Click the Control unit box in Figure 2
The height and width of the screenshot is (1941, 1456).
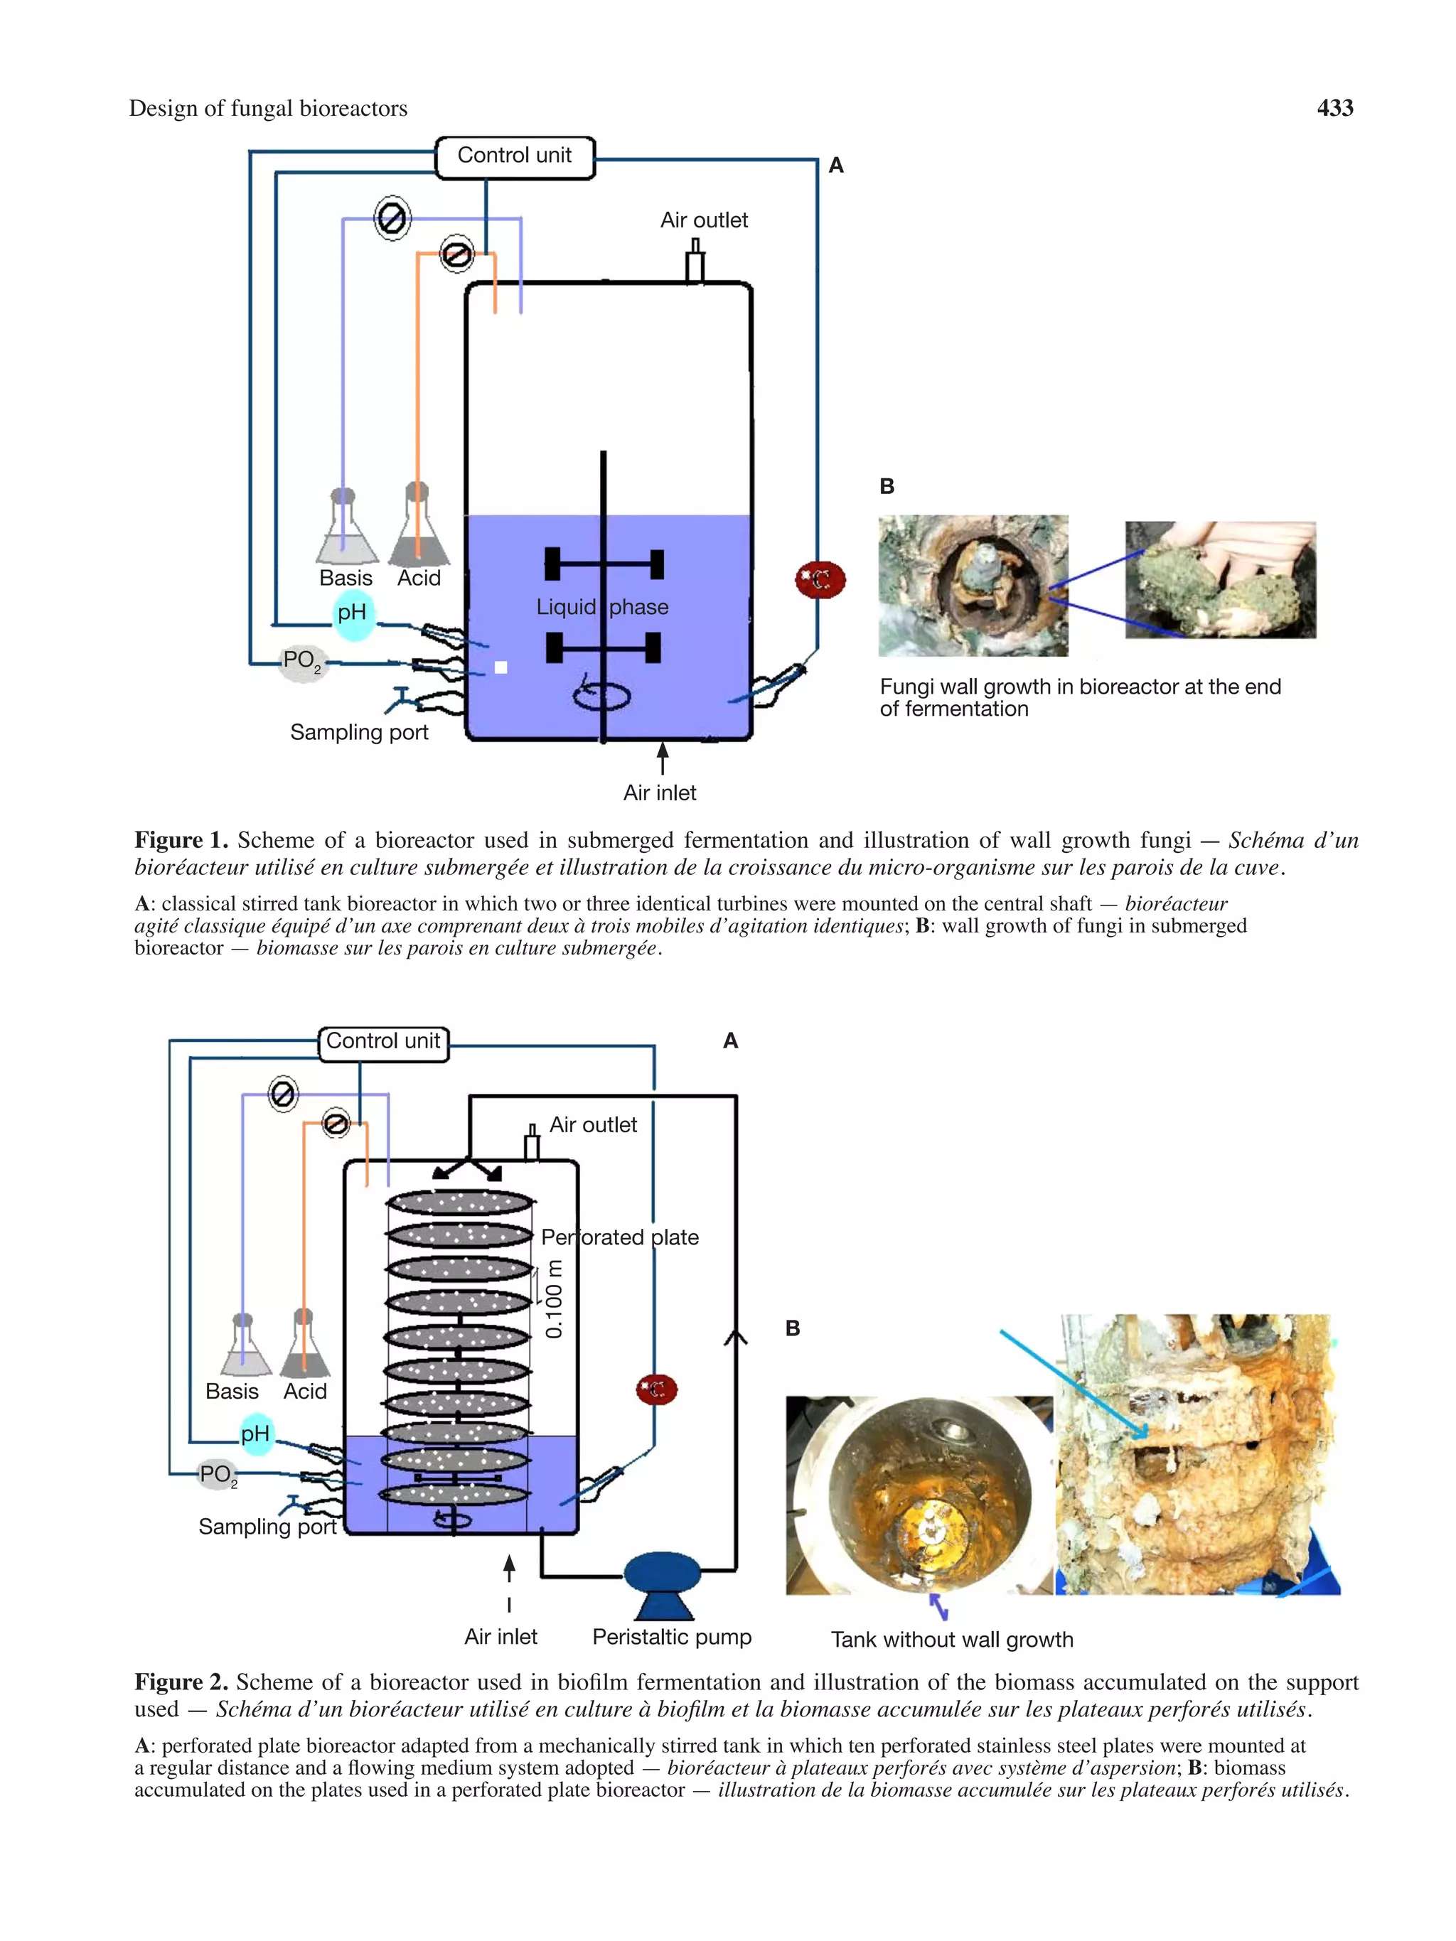[x=382, y=1043]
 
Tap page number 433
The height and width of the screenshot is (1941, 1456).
[x=1334, y=108]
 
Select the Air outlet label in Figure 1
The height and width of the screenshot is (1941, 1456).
[x=704, y=220]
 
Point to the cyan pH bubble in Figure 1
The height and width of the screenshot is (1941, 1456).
[x=353, y=613]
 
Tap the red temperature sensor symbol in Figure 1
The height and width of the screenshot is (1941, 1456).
[x=820, y=580]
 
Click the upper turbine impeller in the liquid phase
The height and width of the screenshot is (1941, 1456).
[x=604, y=564]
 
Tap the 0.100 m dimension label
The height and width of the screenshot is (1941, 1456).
[x=554, y=1299]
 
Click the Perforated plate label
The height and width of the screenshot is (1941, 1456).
[x=620, y=1237]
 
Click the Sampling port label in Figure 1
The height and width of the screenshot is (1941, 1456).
[x=359, y=732]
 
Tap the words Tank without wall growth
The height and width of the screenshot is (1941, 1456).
[x=951, y=1639]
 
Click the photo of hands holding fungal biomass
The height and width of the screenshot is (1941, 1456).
[x=1220, y=580]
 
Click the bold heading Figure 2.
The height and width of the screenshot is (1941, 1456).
[x=181, y=1682]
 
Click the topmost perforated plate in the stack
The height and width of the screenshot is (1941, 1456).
[x=459, y=1202]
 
